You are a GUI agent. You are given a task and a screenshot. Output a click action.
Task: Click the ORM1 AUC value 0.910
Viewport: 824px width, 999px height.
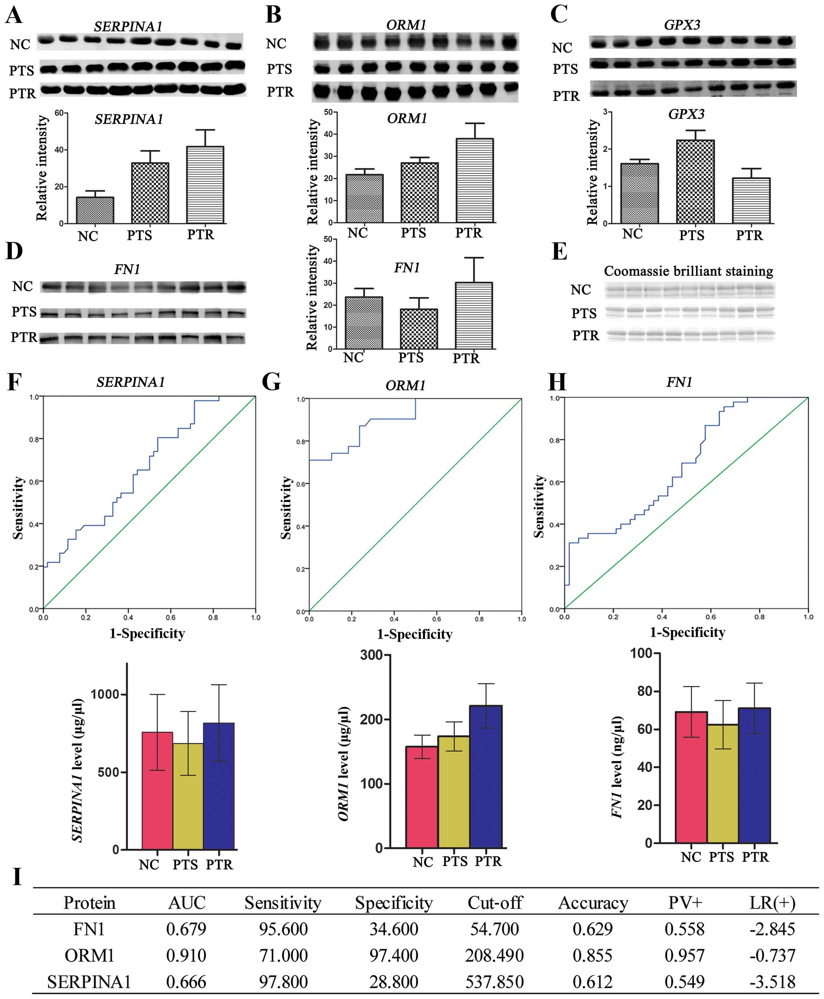coord(186,955)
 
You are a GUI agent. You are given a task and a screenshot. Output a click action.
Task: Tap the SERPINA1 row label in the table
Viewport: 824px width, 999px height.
coord(89,981)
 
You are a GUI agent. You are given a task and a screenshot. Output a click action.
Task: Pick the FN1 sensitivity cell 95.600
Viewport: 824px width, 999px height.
coord(283,929)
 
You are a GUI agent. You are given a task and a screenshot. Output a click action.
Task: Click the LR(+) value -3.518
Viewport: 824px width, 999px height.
coord(772,981)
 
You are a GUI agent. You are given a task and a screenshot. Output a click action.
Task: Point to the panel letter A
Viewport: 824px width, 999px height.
coord(14,15)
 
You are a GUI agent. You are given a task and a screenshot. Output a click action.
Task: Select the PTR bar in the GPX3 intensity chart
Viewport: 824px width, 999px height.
coord(751,200)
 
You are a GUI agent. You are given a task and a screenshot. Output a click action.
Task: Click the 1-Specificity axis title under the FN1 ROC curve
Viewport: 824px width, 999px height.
coord(687,633)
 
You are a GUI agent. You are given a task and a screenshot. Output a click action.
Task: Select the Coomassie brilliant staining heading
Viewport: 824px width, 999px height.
coord(688,271)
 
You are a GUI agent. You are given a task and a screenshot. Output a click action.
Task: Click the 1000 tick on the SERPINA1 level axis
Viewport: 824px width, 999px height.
coord(104,694)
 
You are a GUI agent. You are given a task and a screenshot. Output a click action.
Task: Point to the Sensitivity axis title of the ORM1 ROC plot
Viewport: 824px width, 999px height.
coord(286,508)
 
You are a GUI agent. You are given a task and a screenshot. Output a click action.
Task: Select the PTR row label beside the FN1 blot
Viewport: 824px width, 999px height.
coord(24,337)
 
